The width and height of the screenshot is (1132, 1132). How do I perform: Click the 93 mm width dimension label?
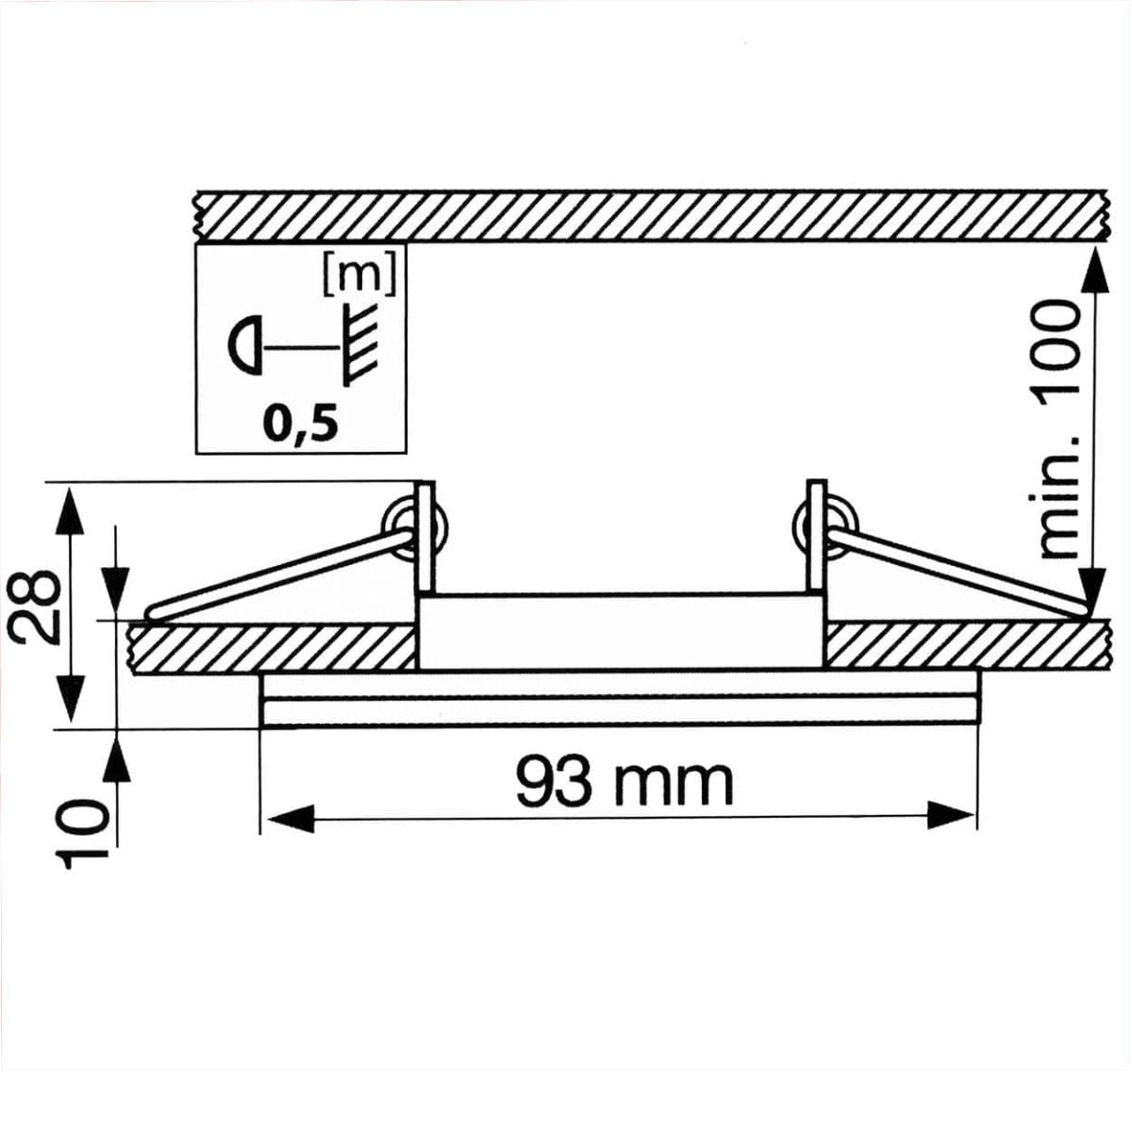tap(624, 782)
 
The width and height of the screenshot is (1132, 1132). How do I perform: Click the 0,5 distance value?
tap(300, 425)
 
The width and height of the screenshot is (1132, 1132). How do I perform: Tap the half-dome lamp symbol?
tap(244, 346)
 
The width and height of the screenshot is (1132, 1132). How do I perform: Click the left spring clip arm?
tap(283, 575)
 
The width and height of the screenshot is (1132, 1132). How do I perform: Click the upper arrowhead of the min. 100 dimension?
tap(1092, 269)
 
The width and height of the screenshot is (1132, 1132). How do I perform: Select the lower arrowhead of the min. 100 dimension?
tap(1092, 590)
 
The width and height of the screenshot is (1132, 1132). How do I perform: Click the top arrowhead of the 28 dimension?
tap(65, 509)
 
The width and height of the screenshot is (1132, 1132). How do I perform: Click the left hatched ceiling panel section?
tap(274, 648)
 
